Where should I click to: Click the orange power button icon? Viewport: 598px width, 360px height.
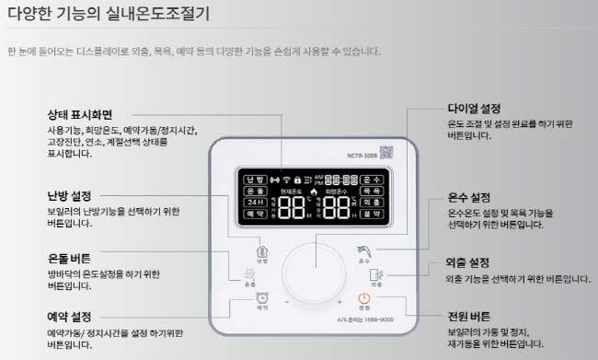(x=364, y=297)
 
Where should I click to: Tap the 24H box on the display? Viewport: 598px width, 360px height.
(x=255, y=202)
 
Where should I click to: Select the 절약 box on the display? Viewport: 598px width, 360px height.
(x=373, y=214)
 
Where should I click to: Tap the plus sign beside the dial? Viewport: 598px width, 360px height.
(x=339, y=302)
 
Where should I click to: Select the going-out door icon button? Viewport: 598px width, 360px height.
(x=374, y=274)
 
